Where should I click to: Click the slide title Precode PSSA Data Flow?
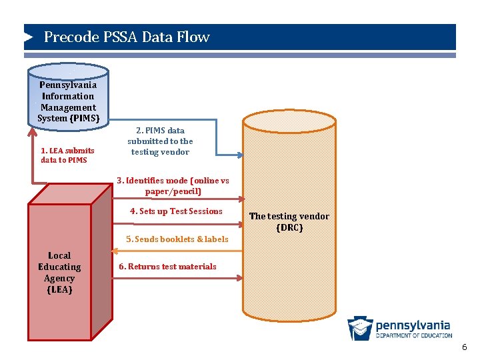(127, 37)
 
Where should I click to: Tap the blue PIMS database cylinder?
(67, 100)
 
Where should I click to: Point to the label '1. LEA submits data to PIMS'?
(67, 155)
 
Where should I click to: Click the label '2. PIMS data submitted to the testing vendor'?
(160, 141)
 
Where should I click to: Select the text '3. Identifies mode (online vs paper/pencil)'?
(173, 186)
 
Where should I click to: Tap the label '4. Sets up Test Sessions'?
(176, 211)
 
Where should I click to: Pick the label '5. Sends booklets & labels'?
(177, 239)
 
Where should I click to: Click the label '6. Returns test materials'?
(167, 267)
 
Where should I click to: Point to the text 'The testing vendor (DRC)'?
(289, 222)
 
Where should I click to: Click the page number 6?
(465, 348)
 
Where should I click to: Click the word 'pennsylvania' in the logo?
(413, 325)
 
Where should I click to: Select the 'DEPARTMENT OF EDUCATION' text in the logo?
(413, 335)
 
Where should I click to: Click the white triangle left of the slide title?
(29, 37)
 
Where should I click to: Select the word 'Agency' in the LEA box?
(59, 279)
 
